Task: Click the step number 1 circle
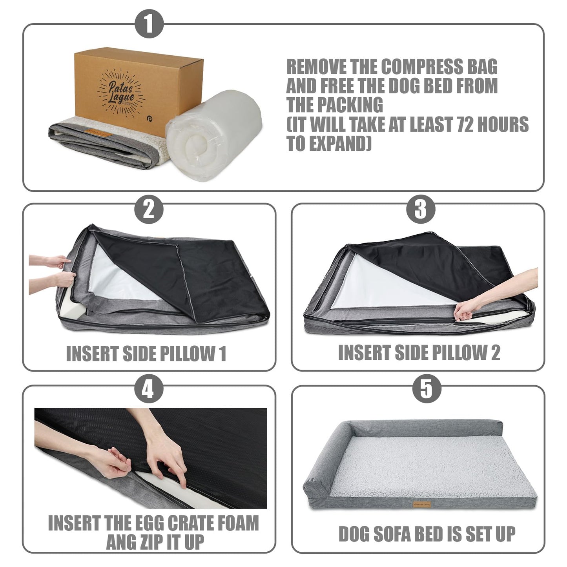(149, 24)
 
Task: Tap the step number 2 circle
(149, 210)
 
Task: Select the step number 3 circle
(420, 208)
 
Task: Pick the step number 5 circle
(427, 389)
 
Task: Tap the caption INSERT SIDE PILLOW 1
(146, 354)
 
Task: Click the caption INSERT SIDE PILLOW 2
(419, 353)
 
